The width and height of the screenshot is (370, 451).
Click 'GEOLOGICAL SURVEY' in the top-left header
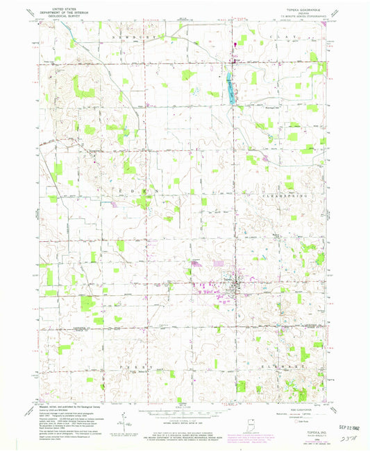60,17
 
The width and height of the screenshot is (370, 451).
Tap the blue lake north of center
228,86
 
